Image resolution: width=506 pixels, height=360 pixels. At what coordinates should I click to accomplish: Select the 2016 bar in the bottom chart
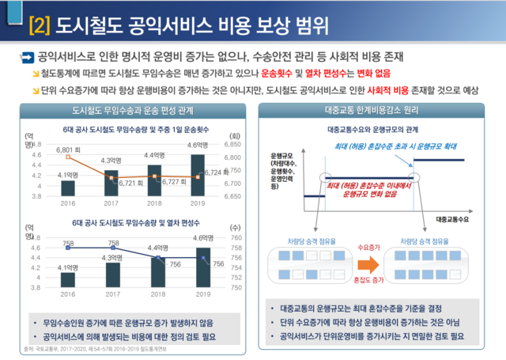tap(68, 279)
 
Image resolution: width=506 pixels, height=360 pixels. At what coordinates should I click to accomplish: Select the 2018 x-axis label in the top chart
tap(154, 201)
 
